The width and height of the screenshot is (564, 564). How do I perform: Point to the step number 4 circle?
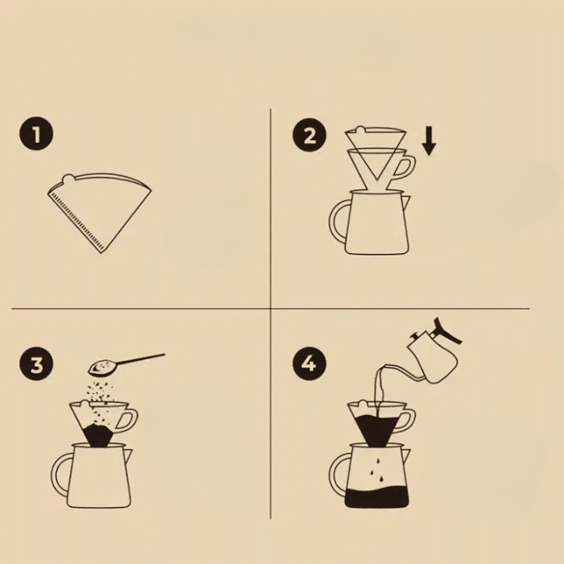pyautogui.click(x=309, y=364)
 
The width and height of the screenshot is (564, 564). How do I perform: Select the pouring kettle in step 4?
pyautogui.click(x=433, y=346)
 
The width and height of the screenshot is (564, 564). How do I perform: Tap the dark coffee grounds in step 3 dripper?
pyautogui.click(x=98, y=436)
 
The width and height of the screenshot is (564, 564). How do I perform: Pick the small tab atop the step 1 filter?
pyautogui.click(x=70, y=176)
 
